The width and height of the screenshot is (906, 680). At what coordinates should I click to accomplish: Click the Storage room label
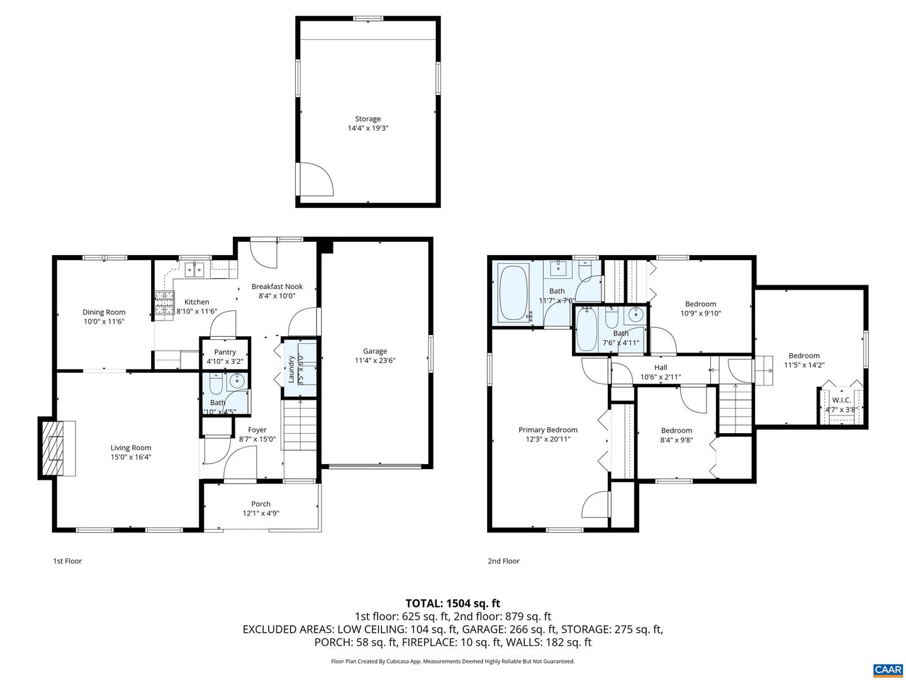click(x=367, y=119)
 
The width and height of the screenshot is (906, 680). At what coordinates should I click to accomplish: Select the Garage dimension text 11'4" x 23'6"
click(x=375, y=361)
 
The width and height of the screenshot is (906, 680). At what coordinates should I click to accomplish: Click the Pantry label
click(x=225, y=352)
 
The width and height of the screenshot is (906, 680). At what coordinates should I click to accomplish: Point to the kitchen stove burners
click(x=164, y=303)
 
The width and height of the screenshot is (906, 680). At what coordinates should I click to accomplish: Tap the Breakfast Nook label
click(x=277, y=286)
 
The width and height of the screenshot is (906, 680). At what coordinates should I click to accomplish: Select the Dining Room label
click(x=104, y=312)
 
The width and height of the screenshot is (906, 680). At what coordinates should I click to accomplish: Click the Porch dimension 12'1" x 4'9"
click(x=260, y=513)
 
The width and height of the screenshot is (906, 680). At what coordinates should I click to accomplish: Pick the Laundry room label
click(x=291, y=369)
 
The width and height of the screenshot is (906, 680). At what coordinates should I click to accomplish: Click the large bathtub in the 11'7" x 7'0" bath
click(x=513, y=293)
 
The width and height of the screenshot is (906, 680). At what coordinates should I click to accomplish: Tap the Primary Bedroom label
click(x=547, y=430)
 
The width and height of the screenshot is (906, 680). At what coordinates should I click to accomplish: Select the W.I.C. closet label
click(x=841, y=400)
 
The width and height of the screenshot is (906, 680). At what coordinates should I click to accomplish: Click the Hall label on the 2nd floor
click(x=660, y=368)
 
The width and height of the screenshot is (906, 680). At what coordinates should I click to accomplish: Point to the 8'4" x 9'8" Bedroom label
click(x=676, y=431)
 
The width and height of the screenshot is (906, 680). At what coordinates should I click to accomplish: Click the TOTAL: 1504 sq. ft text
click(x=452, y=603)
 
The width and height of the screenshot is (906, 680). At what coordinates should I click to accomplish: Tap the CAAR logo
click(x=886, y=669)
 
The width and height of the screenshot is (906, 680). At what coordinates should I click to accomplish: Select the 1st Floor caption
click(x=67, y=561)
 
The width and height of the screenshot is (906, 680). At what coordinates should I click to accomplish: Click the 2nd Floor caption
click(x=503, y=561)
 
